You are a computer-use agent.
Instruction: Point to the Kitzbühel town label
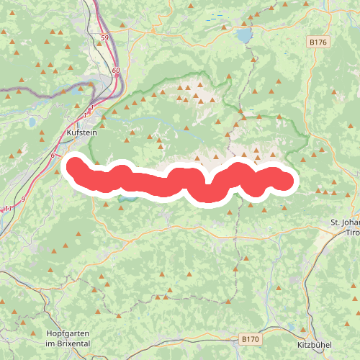pos(314,344)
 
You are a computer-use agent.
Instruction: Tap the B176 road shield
pos(318,42)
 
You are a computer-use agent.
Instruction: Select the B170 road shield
pos(249,338)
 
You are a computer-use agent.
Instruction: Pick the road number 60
pos(116,70)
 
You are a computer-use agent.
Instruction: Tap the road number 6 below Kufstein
pos(53,156)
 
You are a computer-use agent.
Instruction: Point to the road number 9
pos(23,199)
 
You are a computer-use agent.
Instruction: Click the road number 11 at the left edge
pos(7,209)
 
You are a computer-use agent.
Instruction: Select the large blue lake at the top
pos(246,35)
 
